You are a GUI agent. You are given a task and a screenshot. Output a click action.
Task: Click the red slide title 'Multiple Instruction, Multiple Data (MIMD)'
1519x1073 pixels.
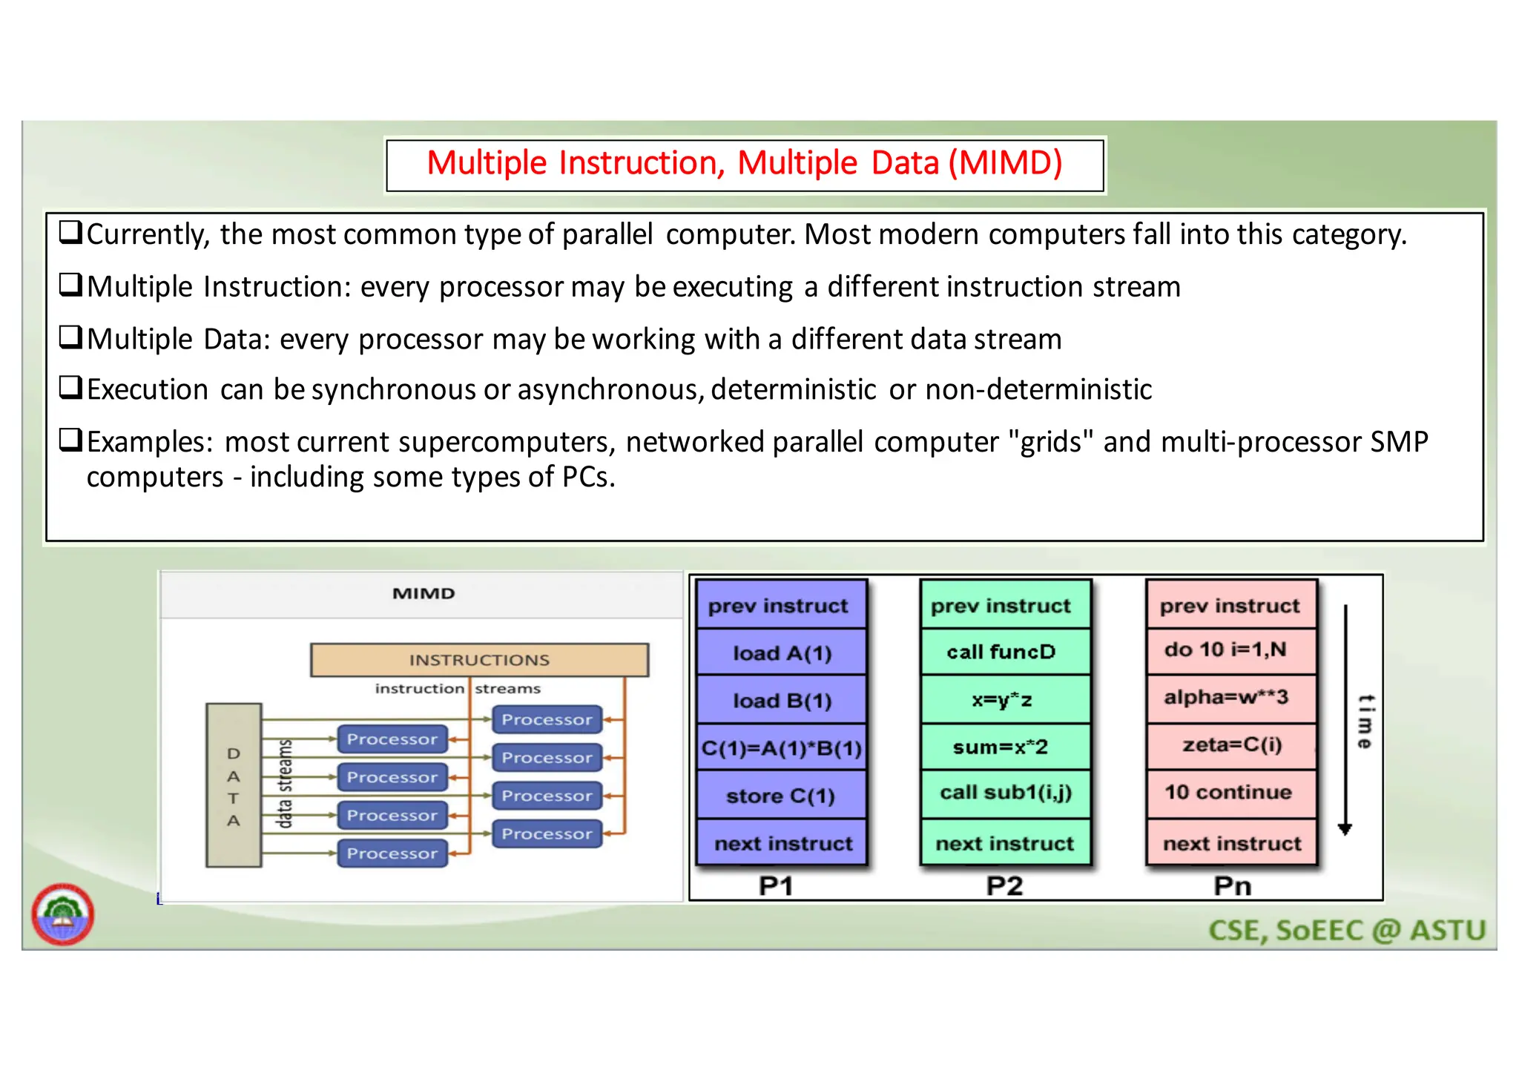click(x=744, y=163)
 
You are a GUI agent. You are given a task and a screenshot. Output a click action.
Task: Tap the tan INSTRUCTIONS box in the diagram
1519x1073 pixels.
click(x=479, y=660)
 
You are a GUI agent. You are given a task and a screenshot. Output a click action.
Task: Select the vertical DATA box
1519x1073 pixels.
click(x=234, y=785)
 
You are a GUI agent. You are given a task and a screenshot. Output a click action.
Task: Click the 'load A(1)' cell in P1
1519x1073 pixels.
click(x=782, y=653)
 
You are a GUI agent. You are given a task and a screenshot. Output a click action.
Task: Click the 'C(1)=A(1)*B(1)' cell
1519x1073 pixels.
click(x=782, y=748)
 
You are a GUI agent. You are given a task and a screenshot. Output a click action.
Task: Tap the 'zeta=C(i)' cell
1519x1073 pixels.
click(x=1231, y=745)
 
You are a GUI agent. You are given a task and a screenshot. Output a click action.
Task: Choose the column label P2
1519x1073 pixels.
click(x=1004, y=885)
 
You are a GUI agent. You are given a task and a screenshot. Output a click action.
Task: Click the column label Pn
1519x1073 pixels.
click(x=1232, y=885)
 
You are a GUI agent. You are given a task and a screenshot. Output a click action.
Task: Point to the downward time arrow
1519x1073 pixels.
click(x=1345, y=719)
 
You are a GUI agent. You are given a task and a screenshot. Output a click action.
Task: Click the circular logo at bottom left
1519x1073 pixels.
click(x=63, y=914)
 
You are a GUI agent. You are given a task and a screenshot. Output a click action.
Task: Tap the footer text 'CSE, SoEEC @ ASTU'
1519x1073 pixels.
click(x=1347, y=931)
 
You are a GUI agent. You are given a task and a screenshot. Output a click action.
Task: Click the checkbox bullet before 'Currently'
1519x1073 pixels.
click(x=70, y=233)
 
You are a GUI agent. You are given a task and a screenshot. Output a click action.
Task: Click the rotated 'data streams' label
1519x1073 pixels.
click(x=284, y=783)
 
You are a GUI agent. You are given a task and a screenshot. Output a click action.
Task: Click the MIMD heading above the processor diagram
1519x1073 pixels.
click(x=424, y=593)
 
